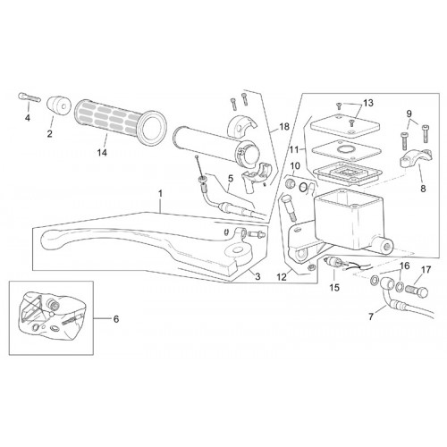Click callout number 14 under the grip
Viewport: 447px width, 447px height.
pos(102,153)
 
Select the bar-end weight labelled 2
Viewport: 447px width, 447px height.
pos(58,105)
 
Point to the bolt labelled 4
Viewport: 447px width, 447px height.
pos(30,97)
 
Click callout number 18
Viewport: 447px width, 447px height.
pos(284,127)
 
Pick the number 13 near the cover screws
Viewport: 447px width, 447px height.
pos(368,103)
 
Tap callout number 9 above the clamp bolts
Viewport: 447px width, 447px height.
pos(409,114)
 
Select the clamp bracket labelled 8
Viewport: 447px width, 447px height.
pos(416,157)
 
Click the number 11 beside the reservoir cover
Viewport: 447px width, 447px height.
pos(294,149)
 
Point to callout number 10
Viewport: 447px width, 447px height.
pos(295,166)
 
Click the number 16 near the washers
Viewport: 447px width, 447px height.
pos(405,266)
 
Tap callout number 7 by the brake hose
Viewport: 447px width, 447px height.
pos(371,316)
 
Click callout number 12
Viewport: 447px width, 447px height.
pos(282,277)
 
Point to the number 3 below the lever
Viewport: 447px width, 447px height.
pos(257,277)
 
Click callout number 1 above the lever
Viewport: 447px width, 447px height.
pos(161,194)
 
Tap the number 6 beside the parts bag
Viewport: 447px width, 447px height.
pos(116,319)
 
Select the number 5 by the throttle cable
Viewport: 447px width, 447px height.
pos(231,179)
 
